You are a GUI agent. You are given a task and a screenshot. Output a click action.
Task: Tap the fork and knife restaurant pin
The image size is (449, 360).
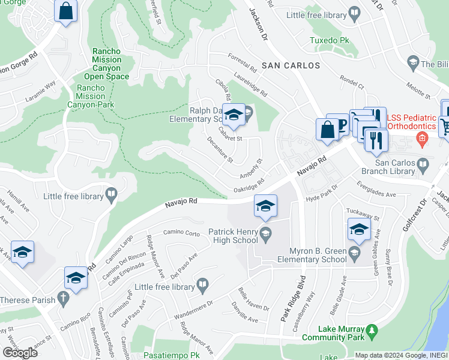click(376, 139)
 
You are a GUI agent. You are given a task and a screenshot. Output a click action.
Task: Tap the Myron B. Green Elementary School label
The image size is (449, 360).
click(312, 255)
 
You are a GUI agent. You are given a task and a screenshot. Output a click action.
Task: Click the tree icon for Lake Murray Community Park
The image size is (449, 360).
click(372, 330)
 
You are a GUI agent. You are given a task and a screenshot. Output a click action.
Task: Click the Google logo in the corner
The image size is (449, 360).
click(20, 353)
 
